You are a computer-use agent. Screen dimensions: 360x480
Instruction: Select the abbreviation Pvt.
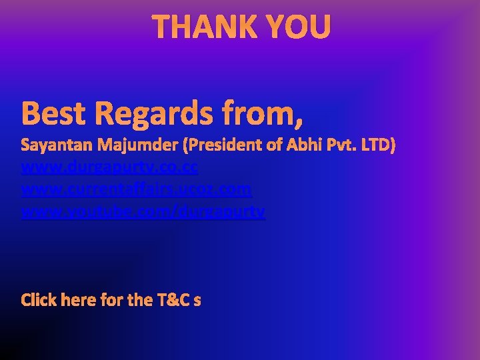[x=336, y=145]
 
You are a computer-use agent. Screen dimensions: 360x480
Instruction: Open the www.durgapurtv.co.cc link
[x=109, y=167]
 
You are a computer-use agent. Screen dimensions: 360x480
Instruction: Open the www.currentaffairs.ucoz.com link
[x=137, y=189]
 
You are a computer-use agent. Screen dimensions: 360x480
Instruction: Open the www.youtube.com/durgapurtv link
[x=143, y=212]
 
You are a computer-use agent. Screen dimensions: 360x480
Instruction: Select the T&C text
[x=172, y=300]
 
